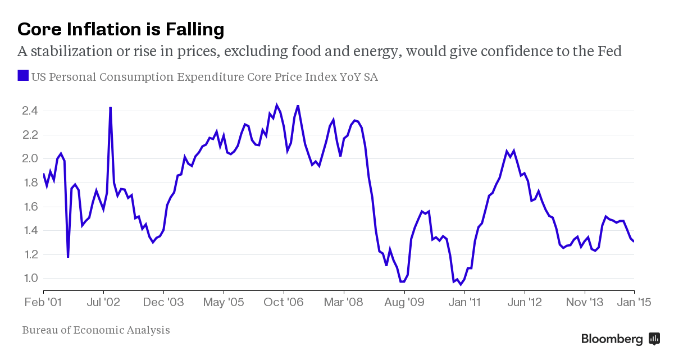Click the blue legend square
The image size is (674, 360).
click(x=23, y=76)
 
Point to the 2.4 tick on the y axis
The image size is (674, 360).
click(x=30, y=111)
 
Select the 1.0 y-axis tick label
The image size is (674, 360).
click(x=30, y=278)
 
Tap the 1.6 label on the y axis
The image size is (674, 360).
click(x=30, y=207)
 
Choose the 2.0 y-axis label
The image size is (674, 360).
click(x=30, y=158)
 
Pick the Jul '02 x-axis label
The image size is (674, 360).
click(x=103, y=302)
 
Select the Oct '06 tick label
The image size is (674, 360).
click(x=284, y=302)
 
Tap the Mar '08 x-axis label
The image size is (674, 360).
click(x=344, y=302)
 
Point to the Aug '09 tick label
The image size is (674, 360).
click(x=404, y=302)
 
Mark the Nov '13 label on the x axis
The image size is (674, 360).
click(x=585, y=302)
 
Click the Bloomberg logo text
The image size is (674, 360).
click(x=612, y=339)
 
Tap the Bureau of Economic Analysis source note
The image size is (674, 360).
click(x=96, y=330)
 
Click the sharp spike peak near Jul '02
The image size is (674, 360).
click(x=110, y=107)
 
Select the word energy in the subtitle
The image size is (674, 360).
click(x=367, y=52)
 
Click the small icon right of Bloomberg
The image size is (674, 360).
click(x=654, y=338)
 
